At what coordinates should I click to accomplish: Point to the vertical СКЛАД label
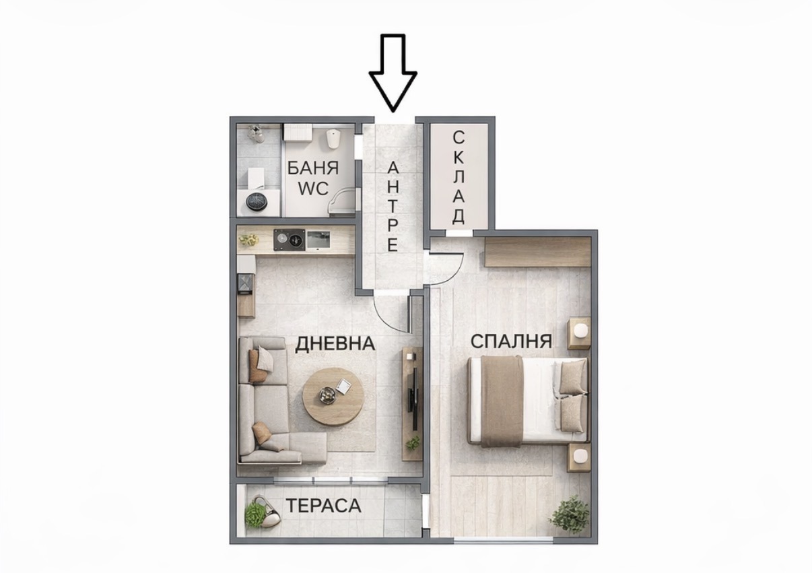tap(459, 177)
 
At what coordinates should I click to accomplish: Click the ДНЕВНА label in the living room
tap(335, 343)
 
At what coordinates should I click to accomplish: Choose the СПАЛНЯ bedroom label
tap(511, 341)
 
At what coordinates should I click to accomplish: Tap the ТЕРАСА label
tap(323, 506)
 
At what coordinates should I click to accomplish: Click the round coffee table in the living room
tap(333, 396)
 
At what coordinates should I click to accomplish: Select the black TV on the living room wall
tap(412, 391)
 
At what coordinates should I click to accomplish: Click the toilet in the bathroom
tap(332, 139)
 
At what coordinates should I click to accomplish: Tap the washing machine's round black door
tap(257, 201)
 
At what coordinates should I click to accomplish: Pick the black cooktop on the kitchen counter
tap(290, 238)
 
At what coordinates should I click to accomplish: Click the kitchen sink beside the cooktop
tap(317, 238)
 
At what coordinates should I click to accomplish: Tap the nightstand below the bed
tap(578, 457)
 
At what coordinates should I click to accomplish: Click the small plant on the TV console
tap(412, 443)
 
